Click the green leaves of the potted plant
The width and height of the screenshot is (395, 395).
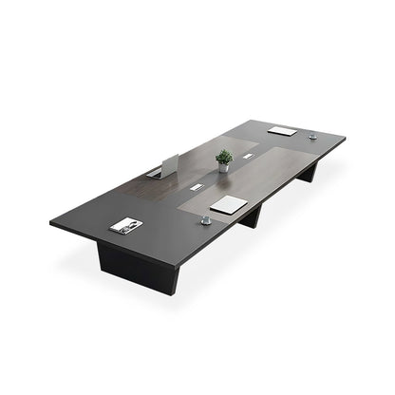pyautogui.click(x=224, y=156)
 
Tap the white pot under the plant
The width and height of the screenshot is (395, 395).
pyautogui.click(x=225, y=167)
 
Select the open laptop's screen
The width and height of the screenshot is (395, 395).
pyautogui.click(x=170, y=164)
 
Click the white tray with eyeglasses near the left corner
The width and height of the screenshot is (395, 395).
pyautogui.click(x=125, y=225)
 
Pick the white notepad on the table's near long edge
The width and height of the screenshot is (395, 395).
pyautogui.click(x=229, y=204)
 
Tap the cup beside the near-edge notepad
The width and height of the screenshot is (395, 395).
pyautogui.click(x=204, y=220)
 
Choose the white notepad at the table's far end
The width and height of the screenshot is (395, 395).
pyautogui.click(x=282, y=130)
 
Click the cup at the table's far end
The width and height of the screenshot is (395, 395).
pyautogui.click(x=312, y=137)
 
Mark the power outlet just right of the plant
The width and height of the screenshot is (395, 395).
pyautogui.click(x=248, y=156)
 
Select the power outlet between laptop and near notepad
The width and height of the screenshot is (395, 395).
pyautogui.click(x=196, y=187)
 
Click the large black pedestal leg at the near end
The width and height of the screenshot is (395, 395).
pyautogui.click(x=138, y=269)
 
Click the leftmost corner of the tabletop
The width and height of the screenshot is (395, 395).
pyautogui.click(x=51, y=224)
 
